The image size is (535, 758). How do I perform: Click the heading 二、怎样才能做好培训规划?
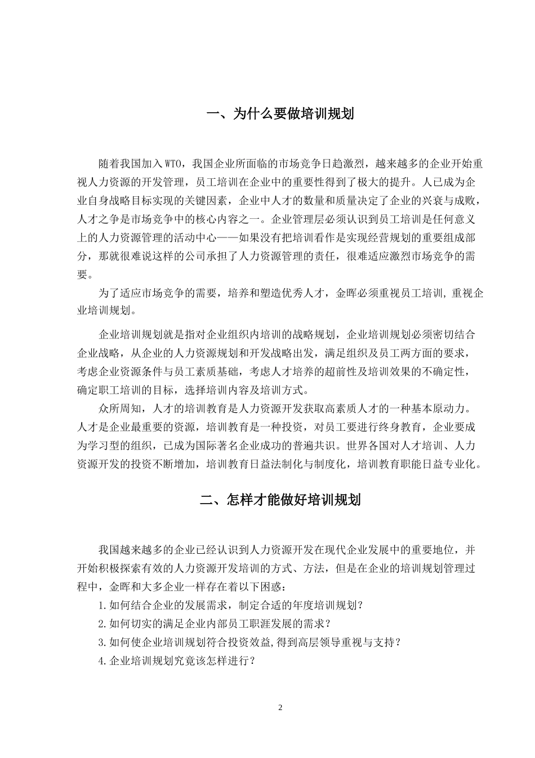pos(280,500)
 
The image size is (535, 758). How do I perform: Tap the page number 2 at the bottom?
pos(280,707)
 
